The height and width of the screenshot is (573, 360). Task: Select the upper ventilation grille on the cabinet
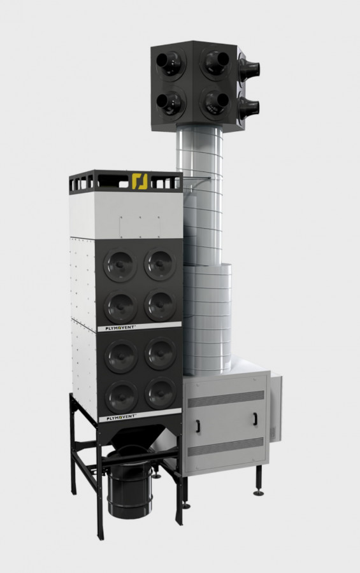tap(226, 399)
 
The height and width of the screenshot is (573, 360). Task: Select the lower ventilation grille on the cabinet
tap(226, 447)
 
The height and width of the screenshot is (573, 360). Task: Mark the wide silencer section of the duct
tap(208, 318)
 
